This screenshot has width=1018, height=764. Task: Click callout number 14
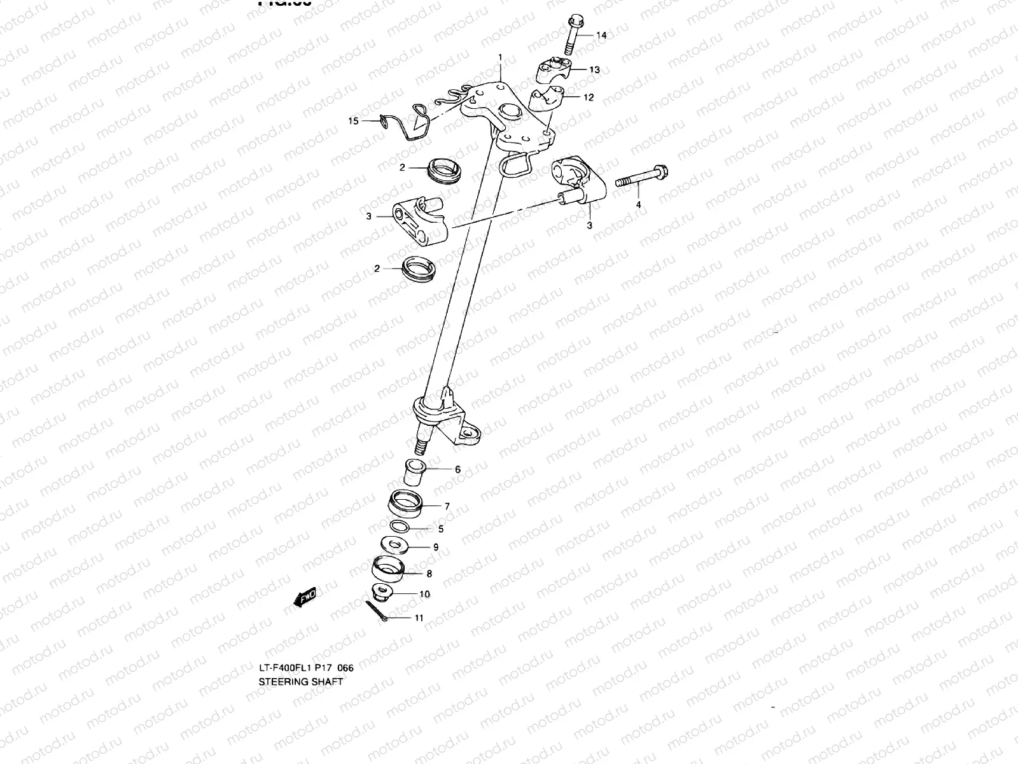(601, 36)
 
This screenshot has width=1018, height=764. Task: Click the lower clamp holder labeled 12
(548, 101)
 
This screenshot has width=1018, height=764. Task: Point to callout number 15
(370, 120)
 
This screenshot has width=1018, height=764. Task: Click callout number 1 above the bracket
(500, 57)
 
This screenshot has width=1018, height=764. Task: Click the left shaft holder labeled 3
(414, 220)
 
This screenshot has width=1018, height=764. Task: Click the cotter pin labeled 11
(377, 610)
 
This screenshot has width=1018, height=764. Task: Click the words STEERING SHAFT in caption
(300, 681)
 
